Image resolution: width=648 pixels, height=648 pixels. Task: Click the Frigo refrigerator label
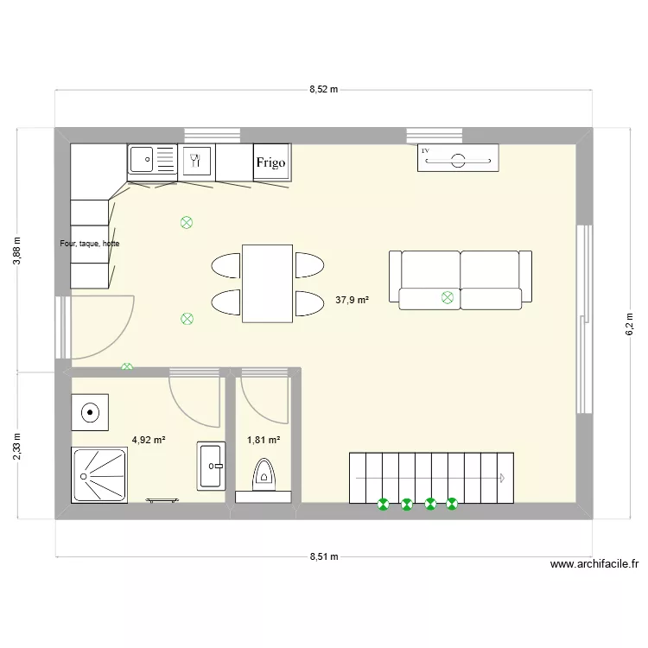pyautogui.click(x=270, y=162)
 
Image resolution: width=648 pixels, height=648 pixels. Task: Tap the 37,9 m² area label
pyautogui.click(x=352, y=301)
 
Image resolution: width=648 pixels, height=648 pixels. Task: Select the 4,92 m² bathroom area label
pyautogui.click(x=148, y=440)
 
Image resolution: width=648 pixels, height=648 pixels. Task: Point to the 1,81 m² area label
pyautogui.click(x=263, y=440)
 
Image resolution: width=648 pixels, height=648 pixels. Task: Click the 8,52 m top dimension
pyautogui.click(x=323, y=89)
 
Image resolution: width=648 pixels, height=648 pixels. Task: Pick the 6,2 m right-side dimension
pyautogui.click(x=629, y=323)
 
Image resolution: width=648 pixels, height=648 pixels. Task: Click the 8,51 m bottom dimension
pyautogui.click(x=323, y=557)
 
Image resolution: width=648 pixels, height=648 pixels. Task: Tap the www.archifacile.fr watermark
pyautogui.click(x=594, y=565)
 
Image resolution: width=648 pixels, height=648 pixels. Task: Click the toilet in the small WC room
pyautogui.click(x=264, y=476)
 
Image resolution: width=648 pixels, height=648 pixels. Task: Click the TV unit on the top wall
pyautogui.click(x=458, y=158)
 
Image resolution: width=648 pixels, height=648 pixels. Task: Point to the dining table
pyautogui.click(x=267, y=283)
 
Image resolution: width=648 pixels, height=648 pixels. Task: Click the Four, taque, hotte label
pyautogui.click(x=90, y=244)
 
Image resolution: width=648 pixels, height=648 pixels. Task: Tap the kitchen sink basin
pyautogui.click(x=142, y=160)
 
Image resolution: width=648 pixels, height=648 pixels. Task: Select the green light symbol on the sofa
pyautogui.click(x=447, y=298)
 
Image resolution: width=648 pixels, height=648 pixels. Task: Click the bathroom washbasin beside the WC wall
pyautogui.click(x=212, y=467)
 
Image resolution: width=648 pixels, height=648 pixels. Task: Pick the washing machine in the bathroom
pyautogui.click(x=90, y=412)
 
